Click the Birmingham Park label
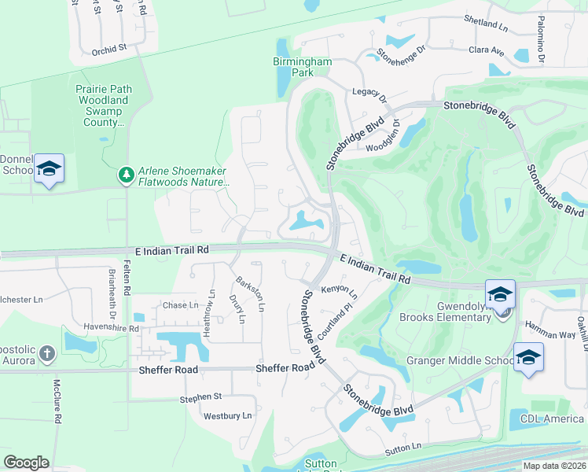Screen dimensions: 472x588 302,67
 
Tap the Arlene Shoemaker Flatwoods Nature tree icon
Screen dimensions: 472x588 125,173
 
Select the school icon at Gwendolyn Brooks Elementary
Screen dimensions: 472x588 500,294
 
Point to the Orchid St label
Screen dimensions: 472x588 109,48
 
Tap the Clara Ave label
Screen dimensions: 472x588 487,50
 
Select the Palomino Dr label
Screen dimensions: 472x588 541,39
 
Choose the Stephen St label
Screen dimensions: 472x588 201,398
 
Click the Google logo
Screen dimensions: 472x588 26,462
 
